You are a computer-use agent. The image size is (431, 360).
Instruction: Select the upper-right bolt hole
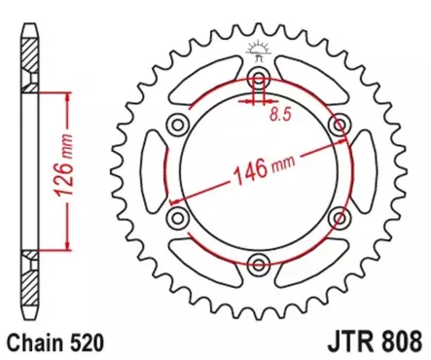tap(341, 125)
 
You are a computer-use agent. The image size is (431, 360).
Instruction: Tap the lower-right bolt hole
tap(341, 216)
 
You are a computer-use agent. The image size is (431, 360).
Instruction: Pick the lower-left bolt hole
tap(176, 216)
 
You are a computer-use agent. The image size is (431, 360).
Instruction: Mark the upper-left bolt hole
tap(176, 125)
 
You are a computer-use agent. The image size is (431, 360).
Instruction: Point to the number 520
tap(83, 342)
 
